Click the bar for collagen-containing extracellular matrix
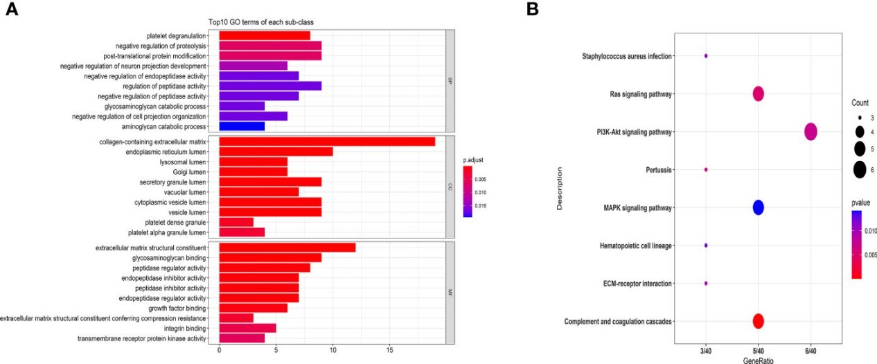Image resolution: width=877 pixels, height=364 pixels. [327, 141]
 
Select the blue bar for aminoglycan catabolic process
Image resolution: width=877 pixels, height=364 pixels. [242, 127]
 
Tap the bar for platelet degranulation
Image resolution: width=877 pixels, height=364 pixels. [265, 36]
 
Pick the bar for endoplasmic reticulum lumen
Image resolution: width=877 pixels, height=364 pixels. [276, 152]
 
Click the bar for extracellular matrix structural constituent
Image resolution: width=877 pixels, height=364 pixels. [287, 248]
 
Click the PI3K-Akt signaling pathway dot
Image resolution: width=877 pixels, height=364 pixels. [810, 131]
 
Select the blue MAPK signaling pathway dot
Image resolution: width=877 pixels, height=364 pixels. [758, 207]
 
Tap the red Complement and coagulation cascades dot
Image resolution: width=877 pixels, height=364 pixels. [758, 321]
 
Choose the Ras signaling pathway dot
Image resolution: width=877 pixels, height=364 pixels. [758, 94]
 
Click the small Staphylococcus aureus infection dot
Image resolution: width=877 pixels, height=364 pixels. [706, 55]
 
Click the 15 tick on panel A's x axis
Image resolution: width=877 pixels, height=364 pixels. [390, 350]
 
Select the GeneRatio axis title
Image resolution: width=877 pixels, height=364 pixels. [758, 360]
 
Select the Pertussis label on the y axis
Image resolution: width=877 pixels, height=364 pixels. [656, 169]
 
